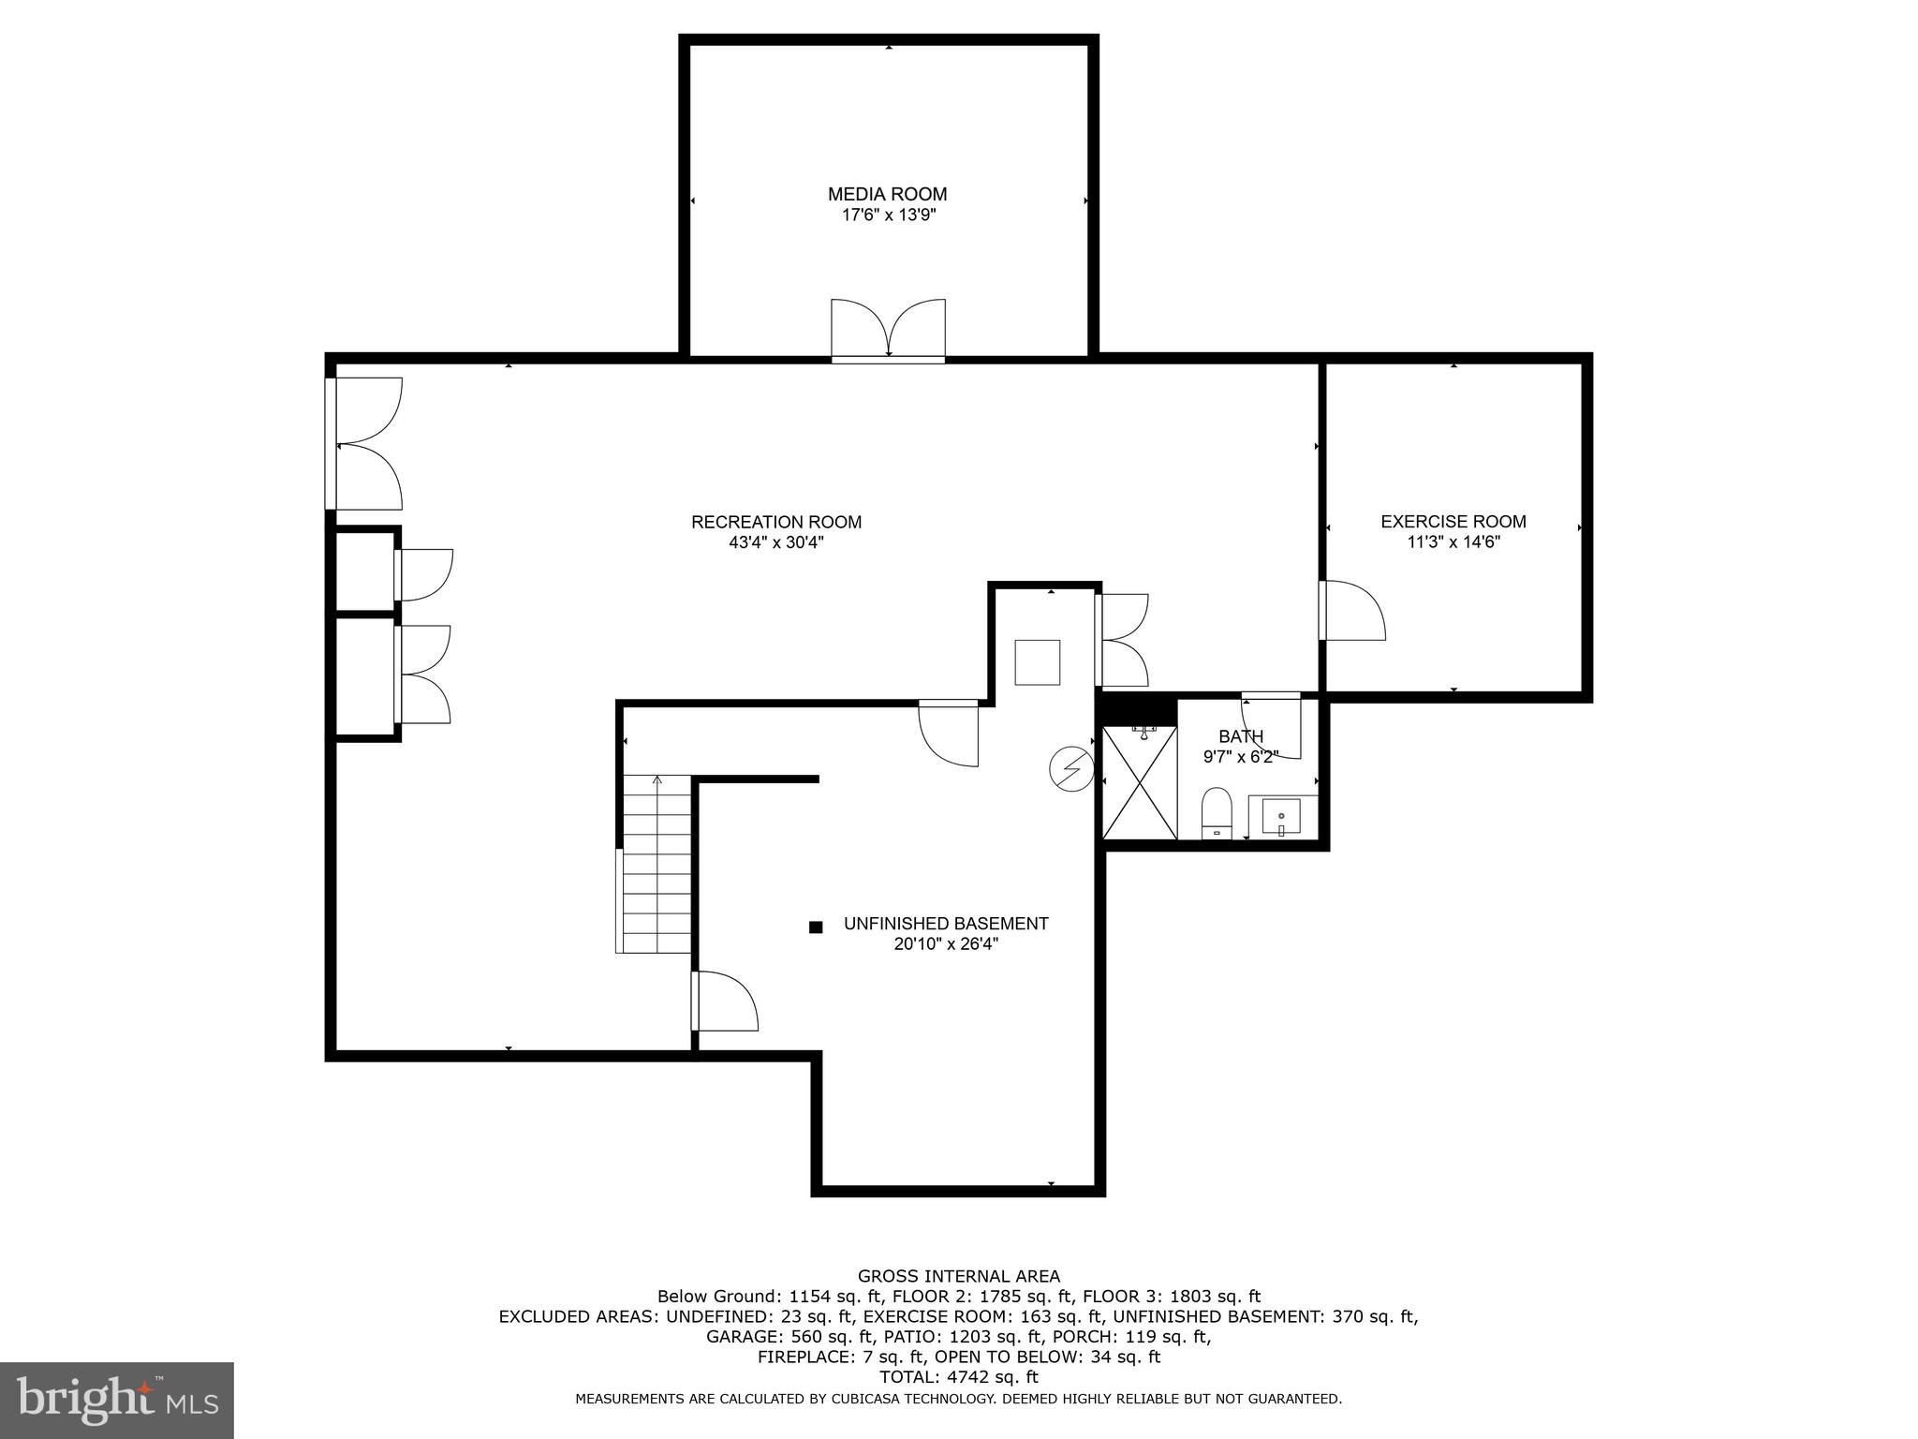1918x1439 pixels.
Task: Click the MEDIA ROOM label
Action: (x=887, y=194)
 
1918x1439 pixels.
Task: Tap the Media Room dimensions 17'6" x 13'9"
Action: (x=888, y=215)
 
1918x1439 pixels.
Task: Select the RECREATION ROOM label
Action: (x=776, y=522)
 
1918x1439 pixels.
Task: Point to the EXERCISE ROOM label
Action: (x=1453, y=522)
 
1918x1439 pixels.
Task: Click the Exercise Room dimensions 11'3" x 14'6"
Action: (x=1453, y=542)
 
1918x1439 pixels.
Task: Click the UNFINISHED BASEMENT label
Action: (x=946, y=924)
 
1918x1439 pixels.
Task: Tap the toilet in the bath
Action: (x=1216, y=813)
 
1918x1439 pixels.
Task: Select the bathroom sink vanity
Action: (x=1280, y=817)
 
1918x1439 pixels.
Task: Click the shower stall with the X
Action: (x=1140, y=782)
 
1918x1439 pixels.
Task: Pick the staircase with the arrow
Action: (x=656, y=864)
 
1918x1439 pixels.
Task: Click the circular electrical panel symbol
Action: (x=1071, y=769)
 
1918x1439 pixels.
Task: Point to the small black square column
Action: (x=816, y=927)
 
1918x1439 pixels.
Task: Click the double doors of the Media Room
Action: (x=888, y=331)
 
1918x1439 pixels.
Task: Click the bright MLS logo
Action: (x=117, y=1400)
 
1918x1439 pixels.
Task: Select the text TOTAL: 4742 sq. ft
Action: (x=958, y=1377)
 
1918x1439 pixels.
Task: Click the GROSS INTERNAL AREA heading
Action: (x=958, y=1276)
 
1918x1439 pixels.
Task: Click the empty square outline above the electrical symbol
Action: (x=1038, y=662)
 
